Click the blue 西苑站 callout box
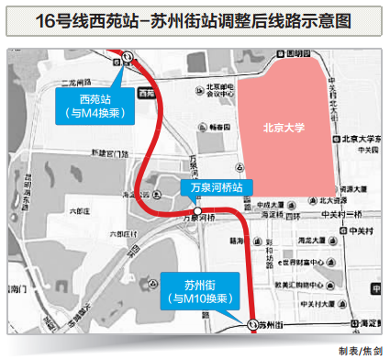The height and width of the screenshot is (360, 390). point(94,107)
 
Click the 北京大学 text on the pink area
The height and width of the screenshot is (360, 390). point(284,129)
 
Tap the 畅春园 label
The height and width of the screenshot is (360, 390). point(217,129)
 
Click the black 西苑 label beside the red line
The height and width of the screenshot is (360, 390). point(145,94)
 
